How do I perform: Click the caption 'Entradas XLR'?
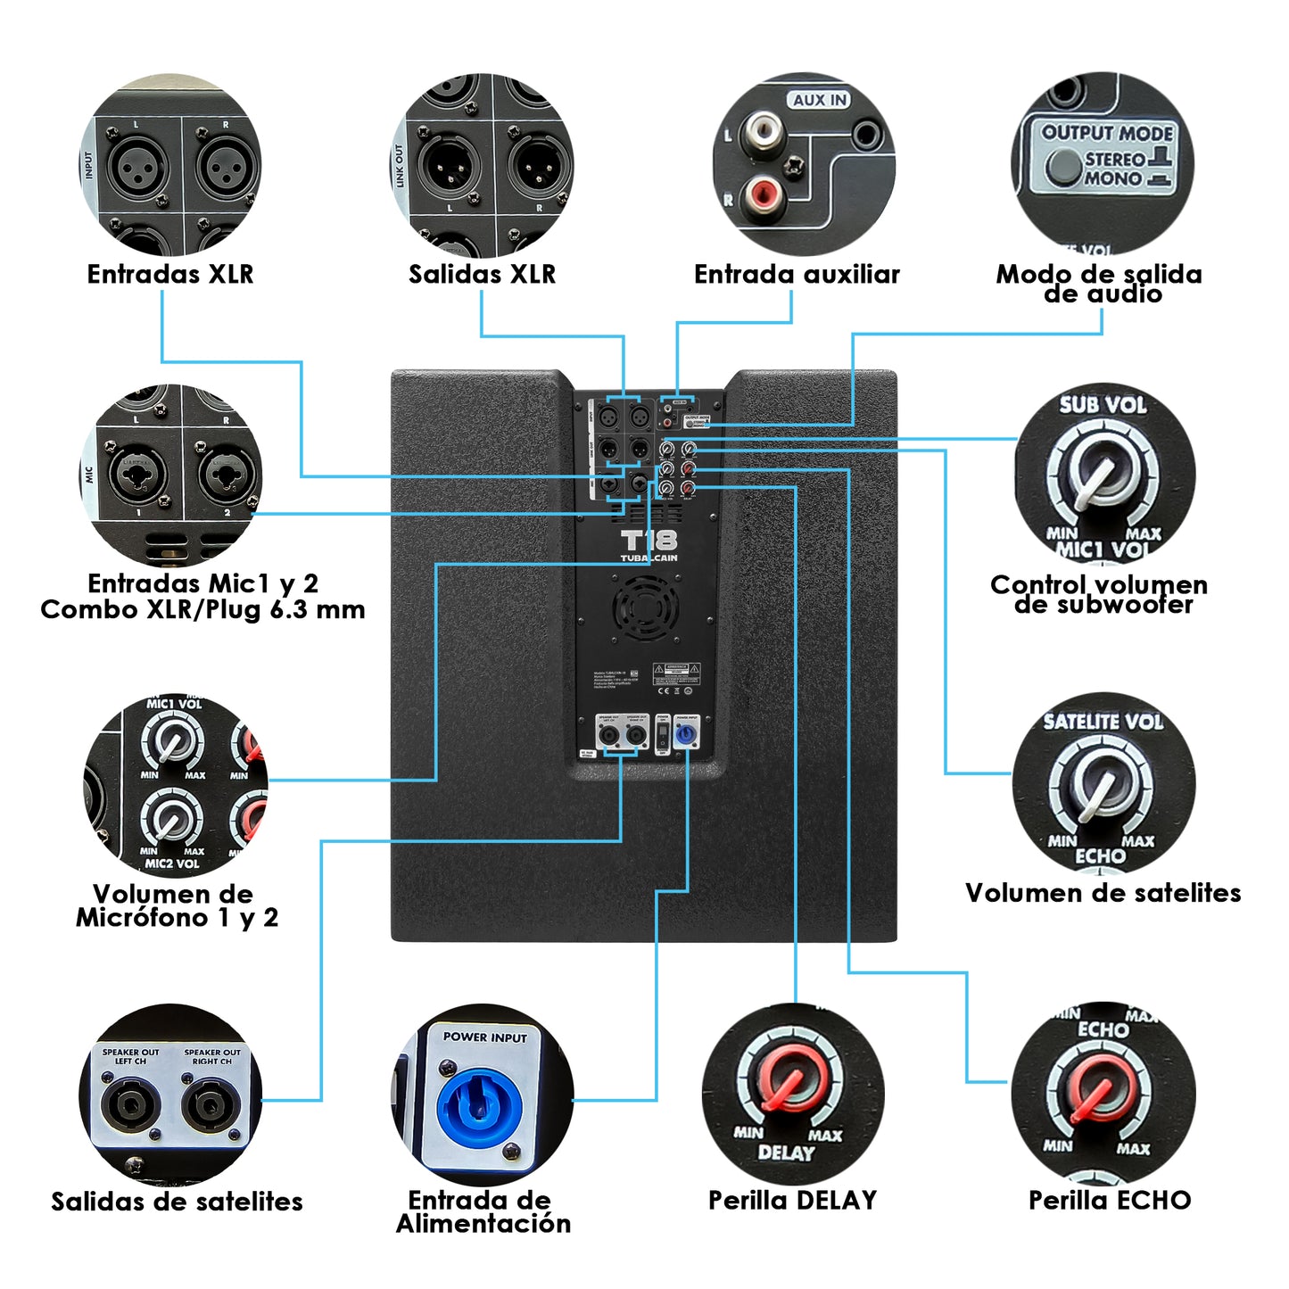169,274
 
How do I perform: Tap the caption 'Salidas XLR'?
482,274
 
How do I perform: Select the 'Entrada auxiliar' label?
797,274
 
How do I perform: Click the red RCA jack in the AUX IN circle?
764,193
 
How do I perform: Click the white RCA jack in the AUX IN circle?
762,131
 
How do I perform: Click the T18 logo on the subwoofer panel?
649,541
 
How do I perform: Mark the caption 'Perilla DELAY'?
792,1200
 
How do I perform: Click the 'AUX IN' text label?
819,100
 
